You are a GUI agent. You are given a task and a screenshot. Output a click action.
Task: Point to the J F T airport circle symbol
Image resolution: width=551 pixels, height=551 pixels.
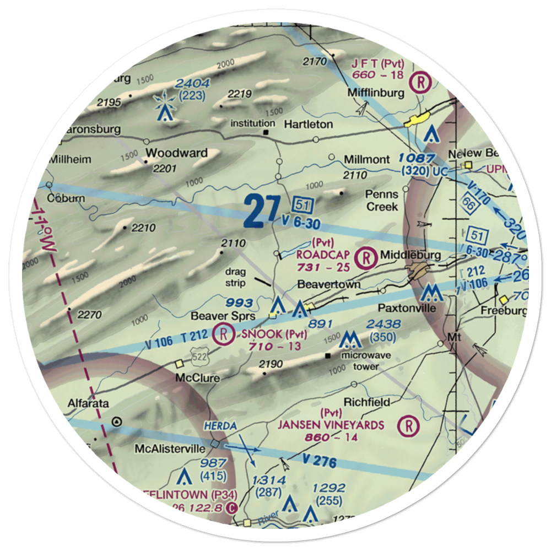tap(422, 82)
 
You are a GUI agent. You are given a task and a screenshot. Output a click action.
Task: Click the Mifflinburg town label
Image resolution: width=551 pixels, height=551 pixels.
tap(375, 93)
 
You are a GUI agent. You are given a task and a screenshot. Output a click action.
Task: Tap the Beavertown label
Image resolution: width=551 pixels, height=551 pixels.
tap(329, 284)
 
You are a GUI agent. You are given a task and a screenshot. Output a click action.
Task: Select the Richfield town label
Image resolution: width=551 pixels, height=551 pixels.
tap(366, 402)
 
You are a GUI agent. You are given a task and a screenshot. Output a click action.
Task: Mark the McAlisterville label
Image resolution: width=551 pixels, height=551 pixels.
tap(170, 449)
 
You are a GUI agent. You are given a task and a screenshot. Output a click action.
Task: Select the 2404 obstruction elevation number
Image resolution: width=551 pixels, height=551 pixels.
tap(192, 84)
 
